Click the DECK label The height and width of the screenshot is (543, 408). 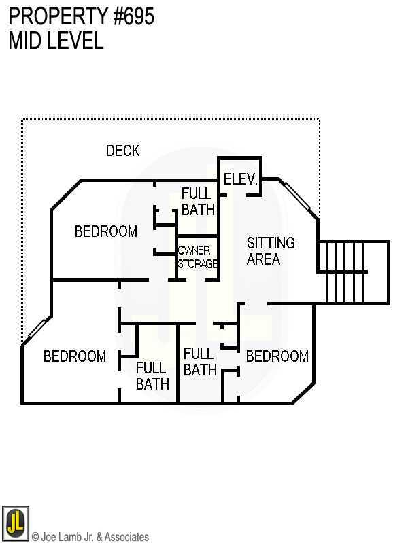(x=123, y=151)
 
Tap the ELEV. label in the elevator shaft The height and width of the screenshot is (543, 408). (x=239, y=180)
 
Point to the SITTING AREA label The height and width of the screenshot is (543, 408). (x=270, y=250)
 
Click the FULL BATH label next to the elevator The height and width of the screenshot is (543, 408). (x=197, y=202)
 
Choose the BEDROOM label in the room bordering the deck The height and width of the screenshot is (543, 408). (x=105, y=231)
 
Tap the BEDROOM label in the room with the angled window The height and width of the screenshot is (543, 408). (x=74, y=356)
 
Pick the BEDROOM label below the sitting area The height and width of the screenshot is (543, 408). (x=277, y=356)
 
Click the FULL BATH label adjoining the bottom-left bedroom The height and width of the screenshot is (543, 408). (x=152, y=376)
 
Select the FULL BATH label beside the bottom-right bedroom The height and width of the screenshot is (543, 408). (x=200, y=362)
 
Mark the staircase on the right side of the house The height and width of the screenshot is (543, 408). (x=352, y=271)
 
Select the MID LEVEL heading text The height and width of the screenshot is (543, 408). (x=56, y=41)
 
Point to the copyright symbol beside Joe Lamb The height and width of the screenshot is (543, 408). (x=35, y=537)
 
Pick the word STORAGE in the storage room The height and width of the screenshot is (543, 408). (x=198, y=263)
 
